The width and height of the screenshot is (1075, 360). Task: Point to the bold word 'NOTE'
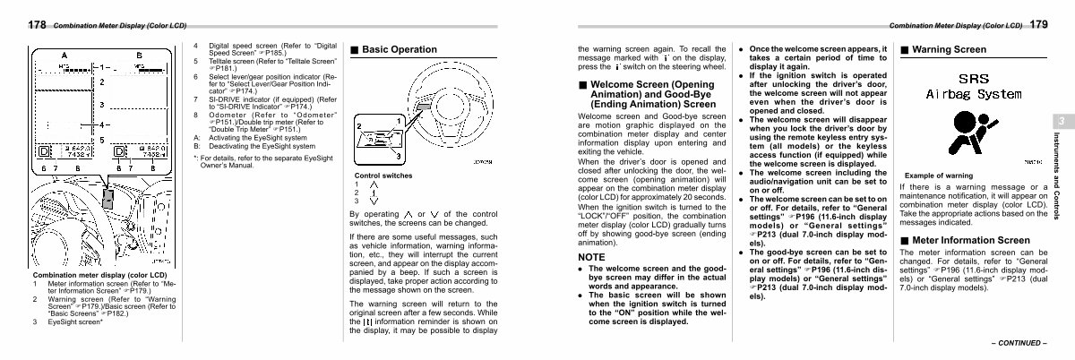click(x=591, y=257)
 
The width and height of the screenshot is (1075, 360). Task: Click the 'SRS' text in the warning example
click(x=975, y=79)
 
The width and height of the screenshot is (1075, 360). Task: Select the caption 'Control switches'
click(x=383, y=176)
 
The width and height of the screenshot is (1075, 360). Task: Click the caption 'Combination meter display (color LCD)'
click(x=99, y=274)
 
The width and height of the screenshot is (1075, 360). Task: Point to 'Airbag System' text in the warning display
click(x=974, y=94)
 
